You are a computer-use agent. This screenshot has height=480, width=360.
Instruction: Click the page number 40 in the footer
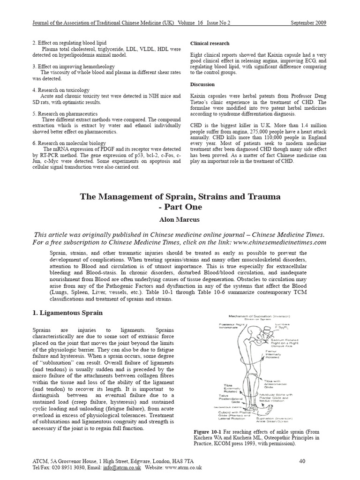[302, 461]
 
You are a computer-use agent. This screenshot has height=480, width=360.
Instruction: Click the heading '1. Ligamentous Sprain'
[67, 313]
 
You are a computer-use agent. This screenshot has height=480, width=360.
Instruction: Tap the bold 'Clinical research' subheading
[210, 43]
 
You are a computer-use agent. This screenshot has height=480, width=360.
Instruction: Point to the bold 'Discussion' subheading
[202, 84]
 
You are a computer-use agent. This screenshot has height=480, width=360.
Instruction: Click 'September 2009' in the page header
[308, 22]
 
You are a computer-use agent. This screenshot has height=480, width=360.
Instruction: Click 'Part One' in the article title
[180, 207]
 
